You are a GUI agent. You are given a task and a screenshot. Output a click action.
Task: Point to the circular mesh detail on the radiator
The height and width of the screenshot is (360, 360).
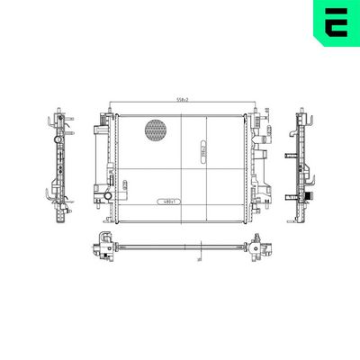pos(156,130)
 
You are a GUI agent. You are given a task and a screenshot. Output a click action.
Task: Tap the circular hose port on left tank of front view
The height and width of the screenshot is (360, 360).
pos(107,195)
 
